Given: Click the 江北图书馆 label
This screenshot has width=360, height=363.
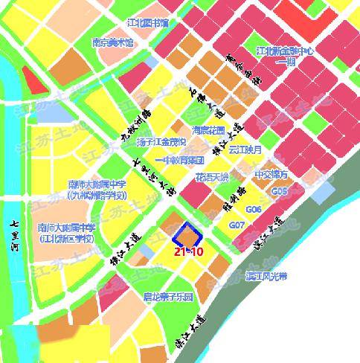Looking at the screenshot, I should (x=149, y=24).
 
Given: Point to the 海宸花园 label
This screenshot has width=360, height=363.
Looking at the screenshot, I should (x=209, y=129).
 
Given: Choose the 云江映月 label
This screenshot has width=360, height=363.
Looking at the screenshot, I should (x=245, y=150).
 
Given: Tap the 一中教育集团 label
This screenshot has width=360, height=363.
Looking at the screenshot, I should (x=180, y=159).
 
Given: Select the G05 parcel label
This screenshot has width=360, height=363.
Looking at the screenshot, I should (x=280, y=191).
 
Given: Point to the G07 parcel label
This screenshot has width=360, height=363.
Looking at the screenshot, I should (x=237, y=225).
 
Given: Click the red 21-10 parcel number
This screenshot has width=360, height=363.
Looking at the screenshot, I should (x=188, y=253).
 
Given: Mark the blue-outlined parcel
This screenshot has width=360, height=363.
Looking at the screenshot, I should (x=187, y=237).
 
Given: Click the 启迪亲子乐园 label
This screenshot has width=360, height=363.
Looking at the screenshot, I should (x=169, y=296).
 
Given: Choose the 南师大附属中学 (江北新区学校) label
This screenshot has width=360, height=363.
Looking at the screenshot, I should (x=68, y=234).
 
